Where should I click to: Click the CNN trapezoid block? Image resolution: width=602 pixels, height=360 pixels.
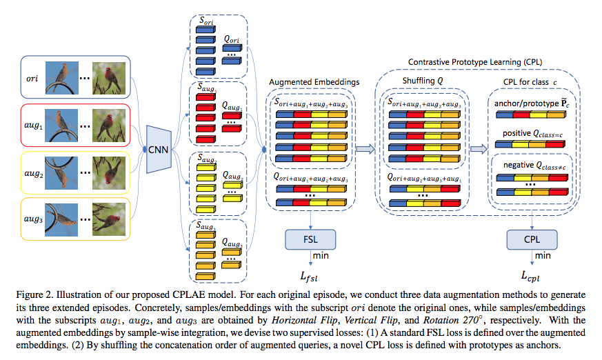159,148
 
